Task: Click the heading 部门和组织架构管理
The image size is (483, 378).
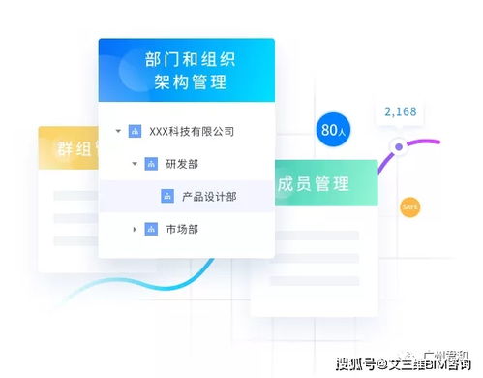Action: click(186, 71)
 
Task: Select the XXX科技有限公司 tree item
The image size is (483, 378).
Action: click(192, 131)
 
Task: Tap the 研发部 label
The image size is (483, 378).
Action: click(182, 164)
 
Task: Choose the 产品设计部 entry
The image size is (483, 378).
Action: click(209, 197)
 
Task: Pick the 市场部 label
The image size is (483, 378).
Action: click(182, 230)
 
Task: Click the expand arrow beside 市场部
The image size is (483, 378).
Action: click(135, 230)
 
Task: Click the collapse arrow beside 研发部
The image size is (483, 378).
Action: click(135, 164)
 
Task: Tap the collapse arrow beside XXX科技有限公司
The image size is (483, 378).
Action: click(118, 131)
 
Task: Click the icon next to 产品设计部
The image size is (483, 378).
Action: click(167, 197)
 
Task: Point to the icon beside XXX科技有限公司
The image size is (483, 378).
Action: click(135, 131)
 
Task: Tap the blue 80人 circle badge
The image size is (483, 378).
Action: click(333, 129)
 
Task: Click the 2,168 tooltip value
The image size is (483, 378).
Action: click(400, 112)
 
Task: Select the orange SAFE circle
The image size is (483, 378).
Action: click(410, 206)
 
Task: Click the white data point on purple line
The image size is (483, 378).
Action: click(398, 147)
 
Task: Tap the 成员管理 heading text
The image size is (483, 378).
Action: click(313, 184)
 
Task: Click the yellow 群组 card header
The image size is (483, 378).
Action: click(68, 150)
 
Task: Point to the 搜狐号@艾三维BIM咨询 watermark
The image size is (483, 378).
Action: click(407, 364)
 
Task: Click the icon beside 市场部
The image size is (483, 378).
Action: click(151, 230)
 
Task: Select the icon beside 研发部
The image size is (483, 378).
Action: click(151, 164)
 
